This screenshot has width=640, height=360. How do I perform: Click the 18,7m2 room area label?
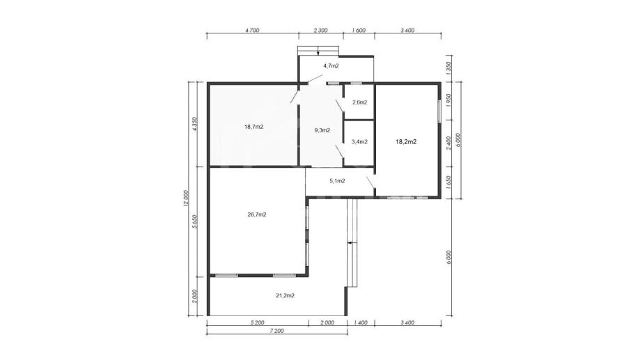click(x=254, y=127)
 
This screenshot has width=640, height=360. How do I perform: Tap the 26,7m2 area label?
click(x=257, y=214)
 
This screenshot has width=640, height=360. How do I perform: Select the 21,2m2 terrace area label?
click(x=286, y=295)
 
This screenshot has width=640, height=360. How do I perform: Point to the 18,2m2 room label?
click(x=406, y=142)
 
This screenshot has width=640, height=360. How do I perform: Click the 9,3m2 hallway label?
click(x=322, y=131)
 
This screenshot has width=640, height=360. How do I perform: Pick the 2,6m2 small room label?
click(x=359, y=102)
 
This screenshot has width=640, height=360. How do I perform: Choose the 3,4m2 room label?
click(x=359, y=142)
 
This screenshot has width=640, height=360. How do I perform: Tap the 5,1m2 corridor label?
click(x=337, y=181)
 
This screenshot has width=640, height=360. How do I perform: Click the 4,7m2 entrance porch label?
click(x=331, y=65)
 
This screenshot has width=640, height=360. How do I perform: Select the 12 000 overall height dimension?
click(x=186, y=198)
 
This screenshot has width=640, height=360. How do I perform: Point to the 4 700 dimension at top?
click(x=252, y=30)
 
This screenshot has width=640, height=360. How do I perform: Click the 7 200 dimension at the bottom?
click(x=276, y=331)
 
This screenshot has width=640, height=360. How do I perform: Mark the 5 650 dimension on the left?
click(x=195, y=221)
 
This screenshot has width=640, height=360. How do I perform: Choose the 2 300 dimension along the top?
click(x=320, y=30)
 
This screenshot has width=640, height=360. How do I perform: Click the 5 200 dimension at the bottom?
click(x=257, y=323)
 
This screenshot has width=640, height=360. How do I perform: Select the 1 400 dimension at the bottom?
click(x=360, y=323)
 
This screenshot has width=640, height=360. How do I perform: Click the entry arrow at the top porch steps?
click(x=318, y=51)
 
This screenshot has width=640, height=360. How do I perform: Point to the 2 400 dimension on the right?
click(x=448, y=143)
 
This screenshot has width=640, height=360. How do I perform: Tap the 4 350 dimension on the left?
click(x=195, y=124)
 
